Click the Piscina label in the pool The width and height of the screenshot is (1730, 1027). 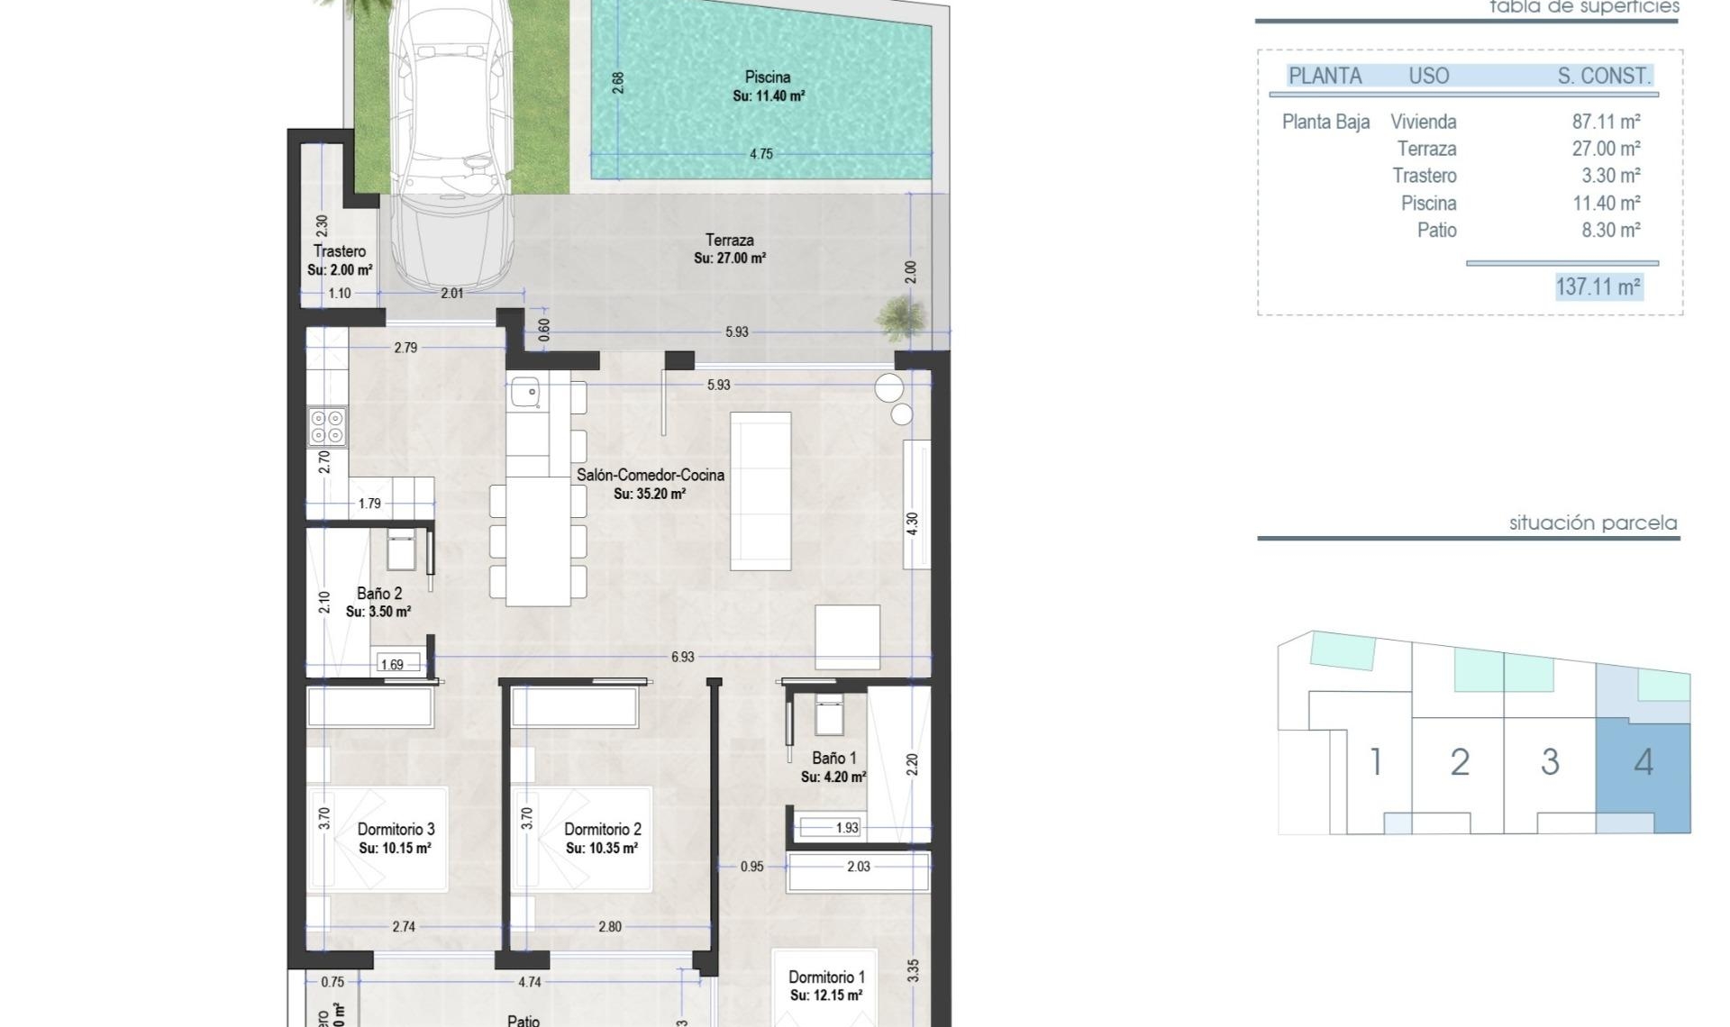pyautogui.click(x=768, y=77)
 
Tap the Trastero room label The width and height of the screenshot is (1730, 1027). pyautogui.click(x=340, y=251)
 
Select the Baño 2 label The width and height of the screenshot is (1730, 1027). pyautogui.click(x=379, y=594)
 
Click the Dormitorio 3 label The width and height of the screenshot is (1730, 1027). pyautogui.click(x=396, y=829)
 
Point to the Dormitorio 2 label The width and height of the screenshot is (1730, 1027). pyautogui.click(x=602, y=829)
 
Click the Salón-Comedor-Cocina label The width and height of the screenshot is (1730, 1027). pyautogui.click(x=650, y=475)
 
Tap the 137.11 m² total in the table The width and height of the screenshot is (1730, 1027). pyautogui.click(x=1598, y=287)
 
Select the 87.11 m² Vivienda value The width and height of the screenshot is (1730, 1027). pyautogui.click(x=1606, y=122)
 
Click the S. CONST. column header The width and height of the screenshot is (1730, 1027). pyautogui.click(x=1604, y=77)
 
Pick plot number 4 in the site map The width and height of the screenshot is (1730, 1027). pyautogui.click(x=1643, y=763)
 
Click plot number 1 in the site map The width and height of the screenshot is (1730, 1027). pyautogui.click(x=1375, y=763)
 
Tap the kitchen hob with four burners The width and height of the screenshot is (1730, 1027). pyautogui.click(x=326, y=426)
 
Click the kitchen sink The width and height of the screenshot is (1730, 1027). pyautogui.click(x=524, y=393)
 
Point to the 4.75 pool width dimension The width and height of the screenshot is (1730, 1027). pyautogui.click(x=760, y=154)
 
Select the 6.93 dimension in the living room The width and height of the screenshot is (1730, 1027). pyautogui.click(x=682, y=658)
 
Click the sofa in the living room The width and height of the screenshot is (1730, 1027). pyautogui.click(x=760, y=491)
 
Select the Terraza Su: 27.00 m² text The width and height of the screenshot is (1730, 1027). pyautogui.click(x=730, y=259)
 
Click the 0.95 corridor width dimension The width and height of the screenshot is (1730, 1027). pyautogui.click(x=751, y=867)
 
